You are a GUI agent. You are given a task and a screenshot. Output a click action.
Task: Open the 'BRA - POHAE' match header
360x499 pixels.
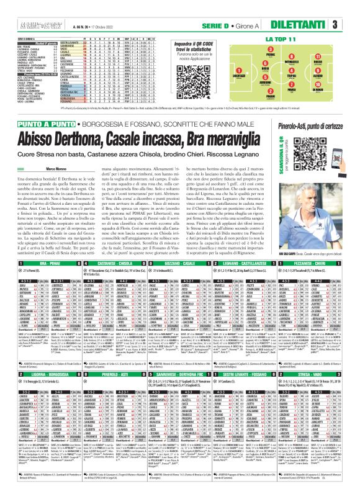[41, 212]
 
